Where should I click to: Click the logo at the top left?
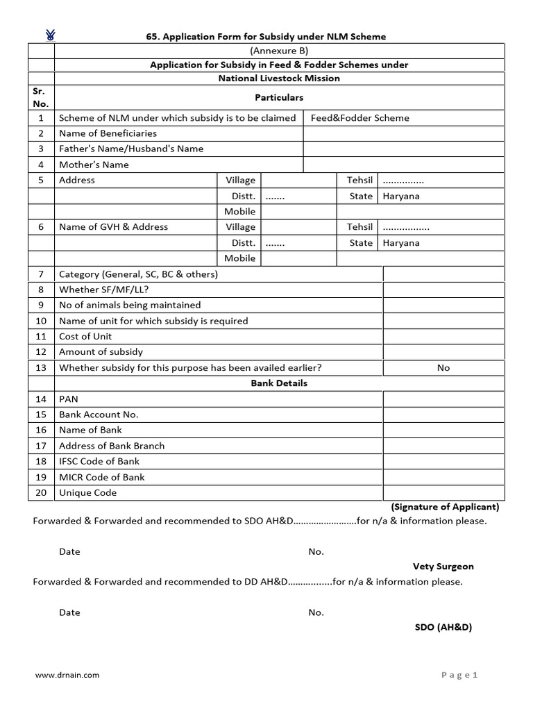pyautogui.click(x=51, y=35)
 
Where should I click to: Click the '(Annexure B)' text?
pyautogui.click(x=279, y=51)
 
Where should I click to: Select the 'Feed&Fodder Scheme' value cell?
pyautogui.click(x=359, y=118)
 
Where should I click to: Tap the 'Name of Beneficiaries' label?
pyautogui.click(x=108, y=133)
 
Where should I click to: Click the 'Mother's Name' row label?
pyautogui.click(x=94, y=165)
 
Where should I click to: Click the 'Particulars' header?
pyautogui.click(x=279, y=97)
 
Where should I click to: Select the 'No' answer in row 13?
pyautogui.click(x=443, y=368)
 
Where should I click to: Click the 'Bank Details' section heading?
pyautogui.click(x=279, y=383)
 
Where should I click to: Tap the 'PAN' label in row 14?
pyautogui.click(x=69, y=399)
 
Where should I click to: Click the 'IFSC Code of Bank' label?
pyautogui.click(x=99, y=462)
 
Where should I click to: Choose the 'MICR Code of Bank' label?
pyautogui.click(x=102, y=477)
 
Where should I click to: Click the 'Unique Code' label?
pyautogui.click(x=88, y=493)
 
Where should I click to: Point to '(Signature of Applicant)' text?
pyautogui.click(x=445, y=507)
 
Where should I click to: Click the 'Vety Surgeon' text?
pyautogui.click(x=443, y=567)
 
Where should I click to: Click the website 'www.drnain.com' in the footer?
pyautogui.click(x=67, y=675)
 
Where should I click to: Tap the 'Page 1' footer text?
pyautogui.click(x=459, y=675)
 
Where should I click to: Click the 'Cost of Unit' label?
pyautogui.click(x=85, y=337)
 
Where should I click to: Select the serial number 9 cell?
pyautogui.click(x=41, y=306)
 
